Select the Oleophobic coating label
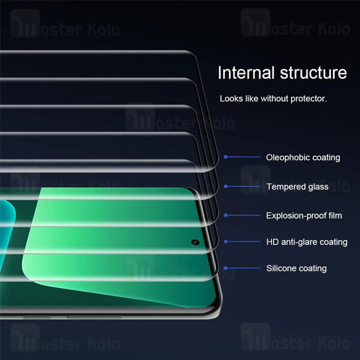click(303, 157)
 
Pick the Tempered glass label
click(298, 187)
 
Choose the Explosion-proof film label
click(304, 215)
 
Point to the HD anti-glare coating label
click(307, 242)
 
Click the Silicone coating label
click(296, 268)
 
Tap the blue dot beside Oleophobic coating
click(226, 157)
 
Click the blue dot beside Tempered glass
click(226, 187)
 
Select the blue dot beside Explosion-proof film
click(226, 215)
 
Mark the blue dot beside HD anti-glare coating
click(226, 242)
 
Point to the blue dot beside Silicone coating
click(226, 268)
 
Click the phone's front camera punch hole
click(196, 242)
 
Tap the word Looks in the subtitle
click(231, 98)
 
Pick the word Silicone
click(281, 268)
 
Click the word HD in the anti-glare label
click(272, 242)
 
